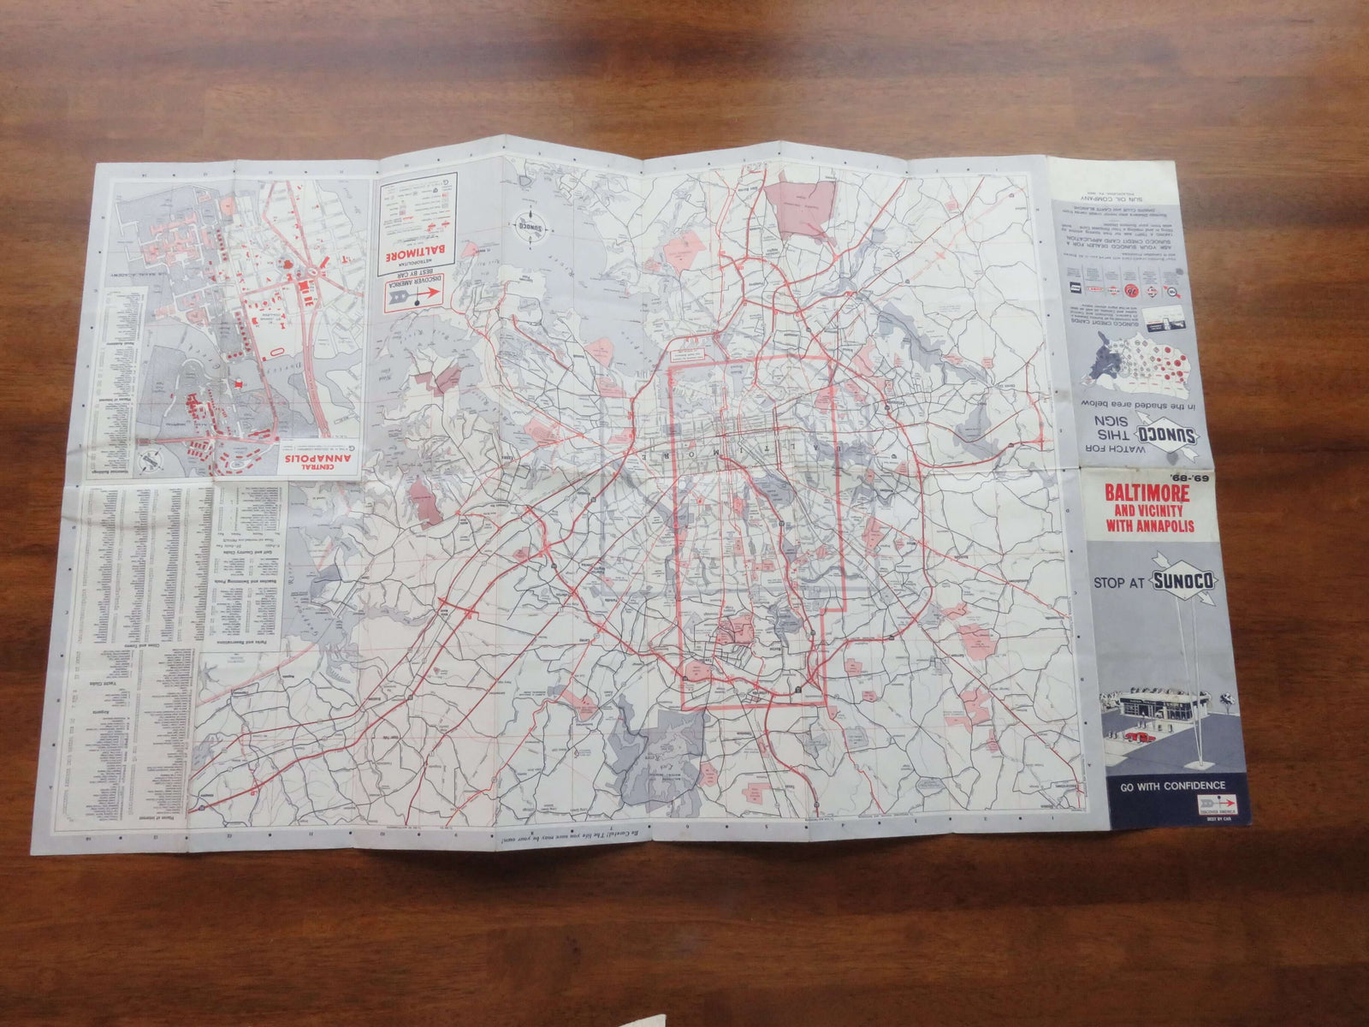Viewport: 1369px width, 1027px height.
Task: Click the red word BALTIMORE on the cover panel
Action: tap(1162, 494)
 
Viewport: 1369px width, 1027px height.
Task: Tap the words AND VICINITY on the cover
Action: tap(1162, 510)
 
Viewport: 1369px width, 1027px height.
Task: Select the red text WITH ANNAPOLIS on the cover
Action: tap(1162, 525)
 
